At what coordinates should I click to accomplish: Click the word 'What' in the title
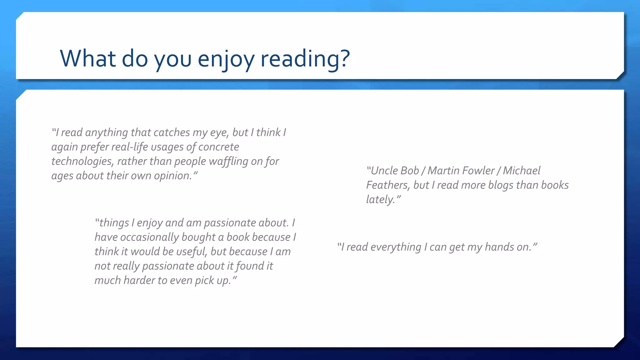pyautogui.click(x=88, y=58)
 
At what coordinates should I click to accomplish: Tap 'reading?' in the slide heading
pyautogui.click(x=305, y=58)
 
